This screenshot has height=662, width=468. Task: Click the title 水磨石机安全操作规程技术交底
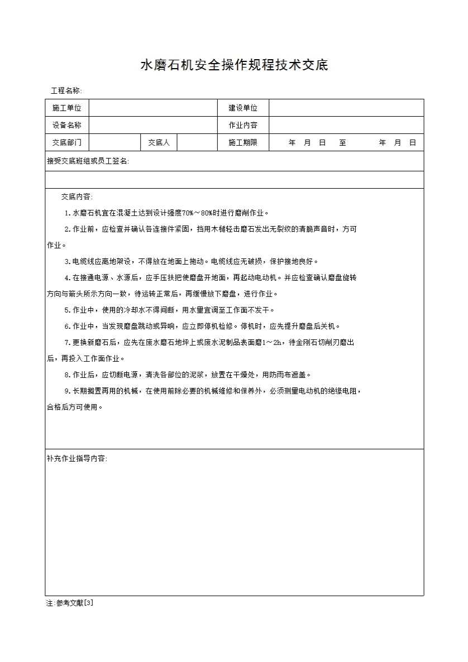point(233,65)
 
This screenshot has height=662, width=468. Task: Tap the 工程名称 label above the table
point(66,90)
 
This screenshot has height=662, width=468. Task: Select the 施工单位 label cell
point(67,108)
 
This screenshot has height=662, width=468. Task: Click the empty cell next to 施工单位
point(152,108)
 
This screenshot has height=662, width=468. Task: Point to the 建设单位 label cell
point(243,108)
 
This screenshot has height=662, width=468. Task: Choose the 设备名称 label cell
point(67,125)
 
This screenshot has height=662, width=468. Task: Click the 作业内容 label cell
point(243,125)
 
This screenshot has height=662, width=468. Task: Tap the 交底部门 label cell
point(67,142)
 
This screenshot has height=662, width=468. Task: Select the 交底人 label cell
point(159,142)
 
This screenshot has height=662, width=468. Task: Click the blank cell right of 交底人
point(197,142)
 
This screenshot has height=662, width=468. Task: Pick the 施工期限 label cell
point(243,142)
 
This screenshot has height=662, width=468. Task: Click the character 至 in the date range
point(342,143)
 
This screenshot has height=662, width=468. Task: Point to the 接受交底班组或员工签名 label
point(88,161)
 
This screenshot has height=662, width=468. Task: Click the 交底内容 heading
point(77,196)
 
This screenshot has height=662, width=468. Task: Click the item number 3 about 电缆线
point(67,261)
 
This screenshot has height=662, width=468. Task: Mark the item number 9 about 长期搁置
point(67,391)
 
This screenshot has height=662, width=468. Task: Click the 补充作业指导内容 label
point(77,458)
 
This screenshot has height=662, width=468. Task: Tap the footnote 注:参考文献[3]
point(70,603)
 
